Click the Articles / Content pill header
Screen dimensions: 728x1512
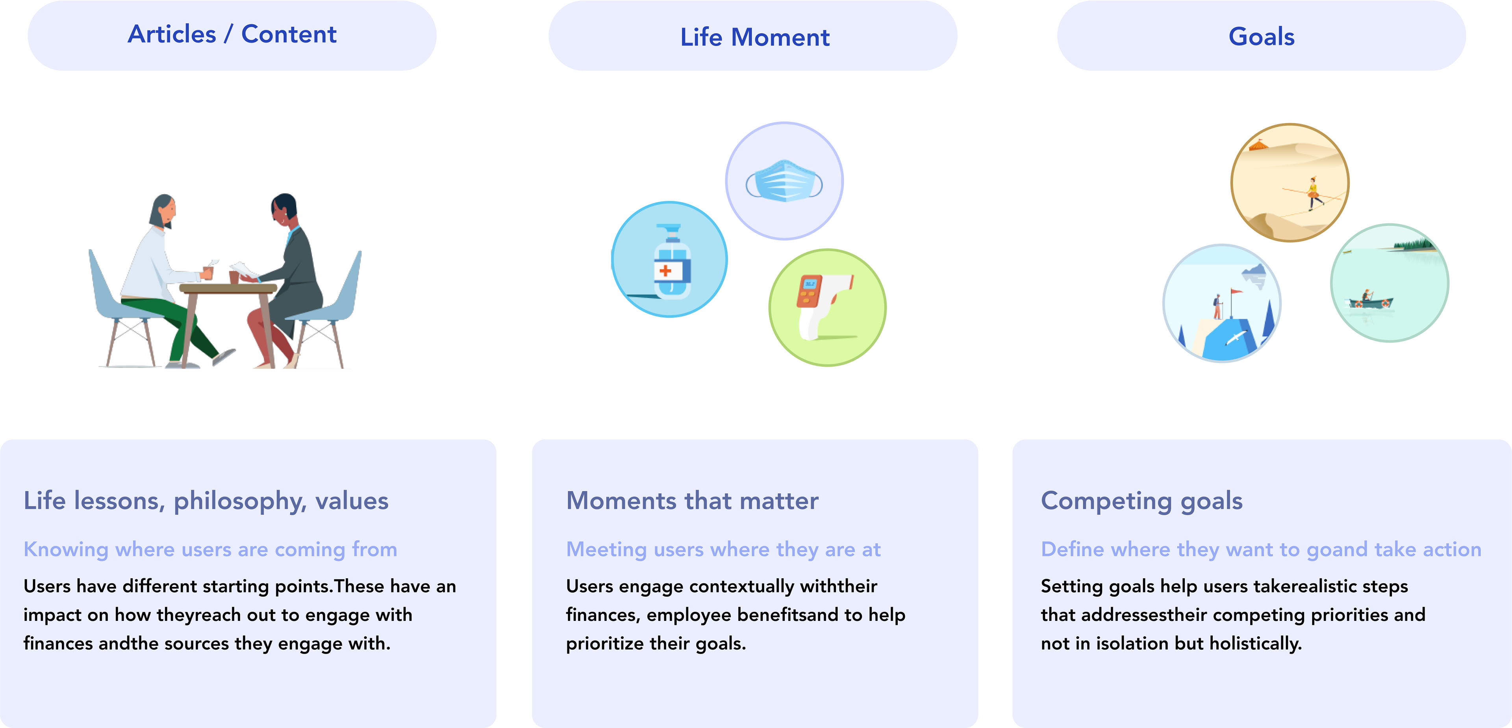pyautogui.click(x=232, y=35)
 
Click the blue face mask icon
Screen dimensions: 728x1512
pyautogui.click(x=784, y=181)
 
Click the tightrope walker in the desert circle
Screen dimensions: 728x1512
pyautogui.click(x=1313, y=193)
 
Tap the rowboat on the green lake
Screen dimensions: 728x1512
pyautogui.click(x=1370, y=302)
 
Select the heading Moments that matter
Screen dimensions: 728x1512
pyautogui.click(x=692, y=501)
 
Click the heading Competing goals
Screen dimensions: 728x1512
pyautogui.click(x=1141, y=501)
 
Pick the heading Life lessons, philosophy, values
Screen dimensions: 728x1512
pyautogui.click(x=206, y=501)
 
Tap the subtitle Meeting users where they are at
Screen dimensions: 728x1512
pyautogui.click(x=723, y=550)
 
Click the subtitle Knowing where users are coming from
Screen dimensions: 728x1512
pyautogui.click(x=210, y=550)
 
